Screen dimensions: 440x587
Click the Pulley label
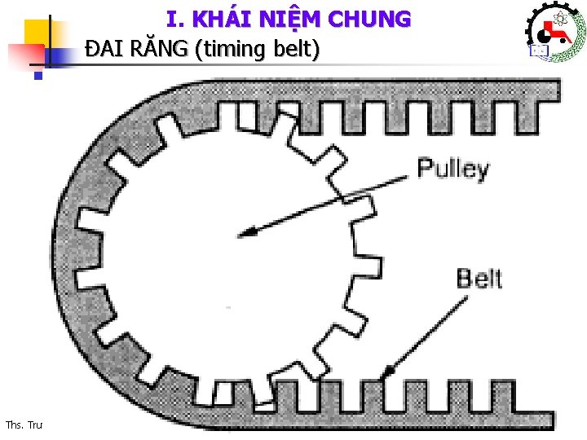click(x=453, y=169)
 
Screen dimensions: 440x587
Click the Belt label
click(x=479, y=279)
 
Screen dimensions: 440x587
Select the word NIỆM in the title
click(x=293, y=19)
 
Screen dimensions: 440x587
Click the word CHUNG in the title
click(x=371, y=19)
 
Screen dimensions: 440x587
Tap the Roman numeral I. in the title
click(x=175, y=19)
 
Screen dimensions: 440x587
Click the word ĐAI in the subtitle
click(x=103, y=50)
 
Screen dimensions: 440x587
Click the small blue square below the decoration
click(x=38, y=77)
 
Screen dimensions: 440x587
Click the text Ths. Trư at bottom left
click(x=24, y=425)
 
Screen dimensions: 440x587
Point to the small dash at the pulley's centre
click(x=227, y=307)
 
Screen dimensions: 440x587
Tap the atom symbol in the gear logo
click(x=560, y=18)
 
